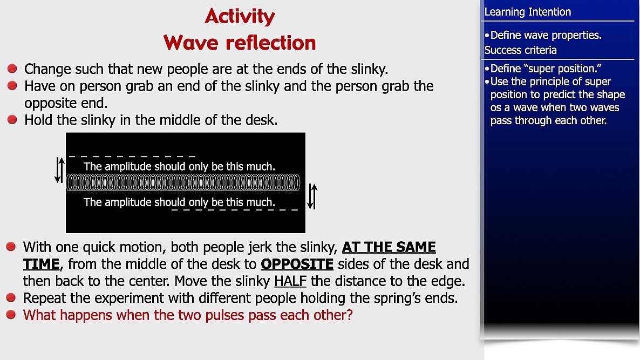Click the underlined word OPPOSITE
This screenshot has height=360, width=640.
pyautogui.click(x=297, y=264)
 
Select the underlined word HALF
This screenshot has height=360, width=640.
pyautogui.click(x=290, y=281)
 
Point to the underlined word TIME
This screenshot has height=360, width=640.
pyautogui.click(x=41, y=264)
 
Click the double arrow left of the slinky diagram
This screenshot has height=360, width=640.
pyautogui.click(x=59, y=170)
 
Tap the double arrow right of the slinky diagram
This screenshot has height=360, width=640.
pyautogui.click(x=312, y=196)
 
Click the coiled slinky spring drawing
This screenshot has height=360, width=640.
pyautogui.click(x=183, y=182)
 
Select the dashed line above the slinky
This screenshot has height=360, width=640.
pyautogui.click(x=132, y=156)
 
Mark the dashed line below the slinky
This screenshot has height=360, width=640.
pyautogui.click(x=235, y=210)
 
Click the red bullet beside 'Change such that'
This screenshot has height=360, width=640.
pyautogui.click(x=12, y=68)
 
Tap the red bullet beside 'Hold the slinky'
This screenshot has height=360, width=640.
pyautogui.click(x=12, y=119)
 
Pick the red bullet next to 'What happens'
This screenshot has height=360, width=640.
pyautogui.click(x=11, y=314)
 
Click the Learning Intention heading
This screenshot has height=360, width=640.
pyautogui.click(x=527, y=12)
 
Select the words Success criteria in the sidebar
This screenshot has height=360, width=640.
pyautogui.click(x=520, y=50)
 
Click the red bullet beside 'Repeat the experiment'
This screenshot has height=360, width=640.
pyautogui.click(x=11, y=297)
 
